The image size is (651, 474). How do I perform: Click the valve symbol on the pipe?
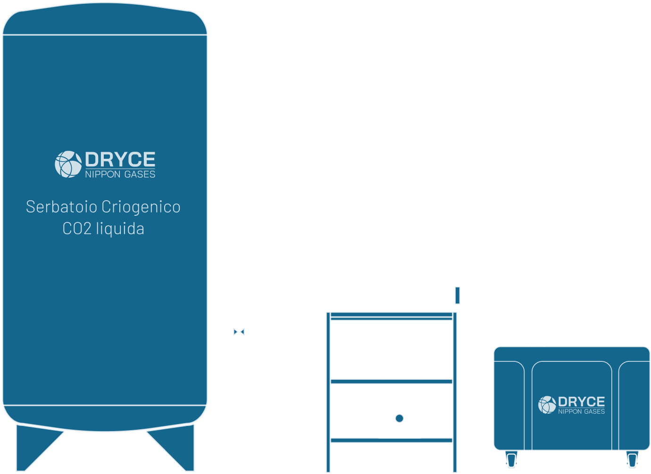[239, 332]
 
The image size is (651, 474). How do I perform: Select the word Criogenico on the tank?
[141, 207]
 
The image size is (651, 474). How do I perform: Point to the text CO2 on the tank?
[76, 229]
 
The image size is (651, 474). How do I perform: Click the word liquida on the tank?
[120, 229]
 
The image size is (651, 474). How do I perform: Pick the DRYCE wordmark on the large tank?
[120, 160]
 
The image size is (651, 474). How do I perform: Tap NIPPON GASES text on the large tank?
[120, 174]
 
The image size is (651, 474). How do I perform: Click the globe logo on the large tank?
[68, 164]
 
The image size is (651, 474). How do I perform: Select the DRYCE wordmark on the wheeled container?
[581, 401]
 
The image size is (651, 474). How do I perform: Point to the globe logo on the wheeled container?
[547, 405]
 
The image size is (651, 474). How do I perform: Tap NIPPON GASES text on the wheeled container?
[581, 412]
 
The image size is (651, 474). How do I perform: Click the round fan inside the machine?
[400, 418]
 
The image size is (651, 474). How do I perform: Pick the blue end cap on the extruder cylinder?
[457, 295]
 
